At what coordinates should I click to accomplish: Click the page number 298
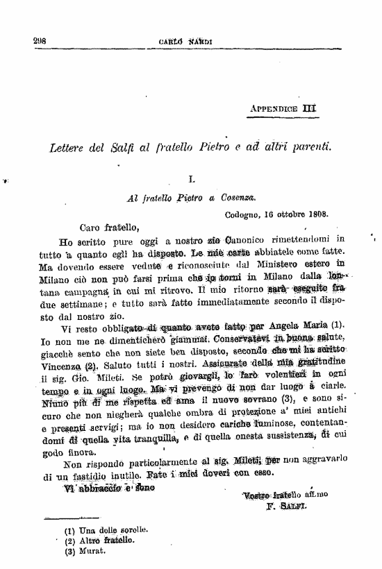(39, 41)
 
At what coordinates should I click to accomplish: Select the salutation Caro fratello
(108, 226)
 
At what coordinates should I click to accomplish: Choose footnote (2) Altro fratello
(101, 541)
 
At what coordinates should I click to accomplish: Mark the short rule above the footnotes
(71, 516)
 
